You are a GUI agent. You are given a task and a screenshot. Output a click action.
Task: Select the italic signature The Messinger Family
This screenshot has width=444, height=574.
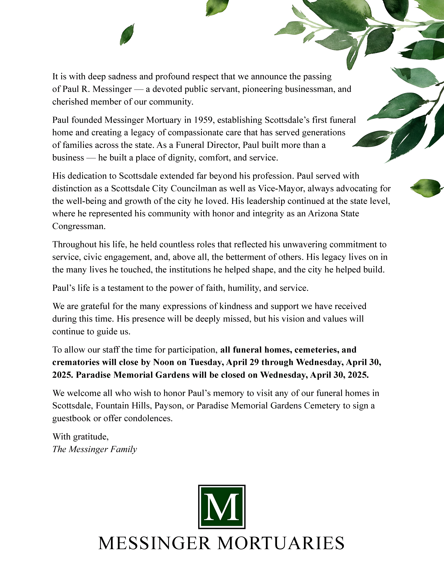click(x=95, y=449)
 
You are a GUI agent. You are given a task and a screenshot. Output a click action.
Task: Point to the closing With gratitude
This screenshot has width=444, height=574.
click(x=80, y=437)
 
